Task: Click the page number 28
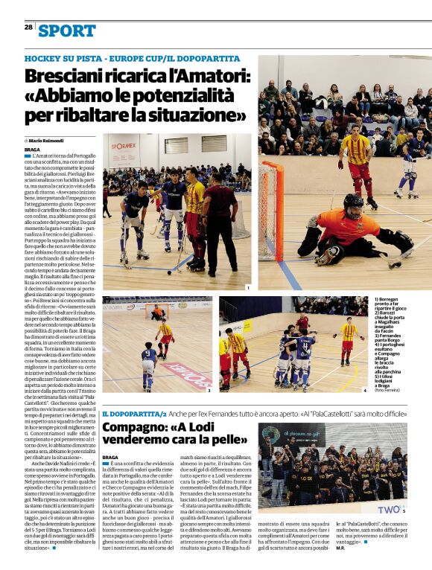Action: pos(28,27)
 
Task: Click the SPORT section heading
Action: pos(68,31)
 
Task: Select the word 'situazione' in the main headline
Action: pos(195,115)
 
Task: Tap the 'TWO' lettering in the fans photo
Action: pos(387,509)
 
